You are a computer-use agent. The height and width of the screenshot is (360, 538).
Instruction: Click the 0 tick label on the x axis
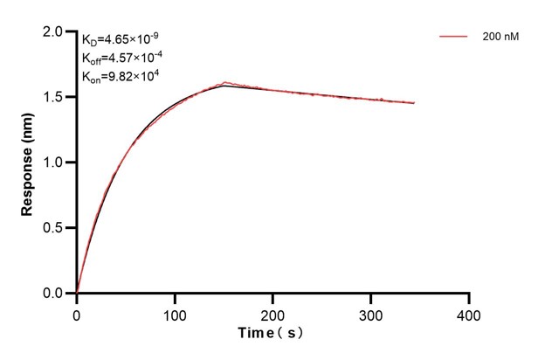coord(77,314)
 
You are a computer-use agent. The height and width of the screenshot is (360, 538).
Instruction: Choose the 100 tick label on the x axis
coord(175,314)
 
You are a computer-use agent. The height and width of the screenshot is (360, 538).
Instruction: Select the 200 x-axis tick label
coord(273,314)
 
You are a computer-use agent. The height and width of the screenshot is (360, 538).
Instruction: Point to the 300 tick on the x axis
coord(371,314)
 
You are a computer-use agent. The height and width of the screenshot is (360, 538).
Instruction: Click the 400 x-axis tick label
coord(470,314)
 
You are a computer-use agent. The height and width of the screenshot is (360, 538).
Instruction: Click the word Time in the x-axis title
coord(259,334)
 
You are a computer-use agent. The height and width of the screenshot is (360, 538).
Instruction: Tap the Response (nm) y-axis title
coord(28,163)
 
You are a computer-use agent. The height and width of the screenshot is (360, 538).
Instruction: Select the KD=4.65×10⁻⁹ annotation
coord(121,39)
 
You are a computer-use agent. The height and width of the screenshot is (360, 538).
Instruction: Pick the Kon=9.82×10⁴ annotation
coord(119,76)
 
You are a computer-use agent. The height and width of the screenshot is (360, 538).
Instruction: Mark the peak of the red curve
coord(225,83)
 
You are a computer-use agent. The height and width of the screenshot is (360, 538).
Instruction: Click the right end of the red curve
coord(414,103)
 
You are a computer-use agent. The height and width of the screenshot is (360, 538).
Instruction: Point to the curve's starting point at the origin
coord(77,293)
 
